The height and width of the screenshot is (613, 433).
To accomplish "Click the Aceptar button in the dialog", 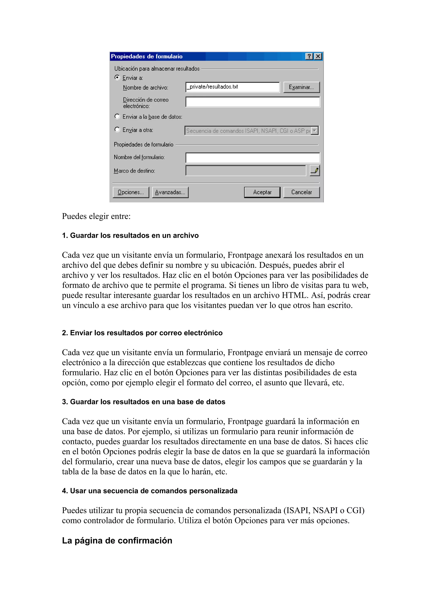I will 262,192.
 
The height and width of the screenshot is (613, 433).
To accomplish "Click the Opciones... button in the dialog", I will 131,192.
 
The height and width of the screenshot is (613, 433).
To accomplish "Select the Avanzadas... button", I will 170,192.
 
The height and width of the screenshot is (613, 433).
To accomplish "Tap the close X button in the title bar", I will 318,56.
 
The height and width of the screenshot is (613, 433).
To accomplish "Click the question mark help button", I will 309,56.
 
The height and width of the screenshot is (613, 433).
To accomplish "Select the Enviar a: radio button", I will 117,77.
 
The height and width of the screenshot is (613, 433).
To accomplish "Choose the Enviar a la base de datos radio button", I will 117,116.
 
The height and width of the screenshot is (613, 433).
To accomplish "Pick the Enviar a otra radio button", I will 117,129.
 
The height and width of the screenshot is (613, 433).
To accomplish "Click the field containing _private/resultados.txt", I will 232,87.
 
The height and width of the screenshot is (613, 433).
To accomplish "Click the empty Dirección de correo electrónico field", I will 252,102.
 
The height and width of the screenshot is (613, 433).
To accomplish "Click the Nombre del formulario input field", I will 252,158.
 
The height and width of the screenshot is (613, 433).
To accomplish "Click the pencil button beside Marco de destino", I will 315,171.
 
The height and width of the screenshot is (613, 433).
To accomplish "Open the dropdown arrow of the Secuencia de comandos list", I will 315,131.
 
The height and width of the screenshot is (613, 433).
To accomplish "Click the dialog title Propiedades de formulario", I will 147,56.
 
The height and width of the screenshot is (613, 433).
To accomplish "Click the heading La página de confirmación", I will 117,540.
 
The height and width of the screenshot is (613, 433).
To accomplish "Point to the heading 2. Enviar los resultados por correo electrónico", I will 142,333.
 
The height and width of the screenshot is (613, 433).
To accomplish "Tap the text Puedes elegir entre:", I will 96,216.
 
